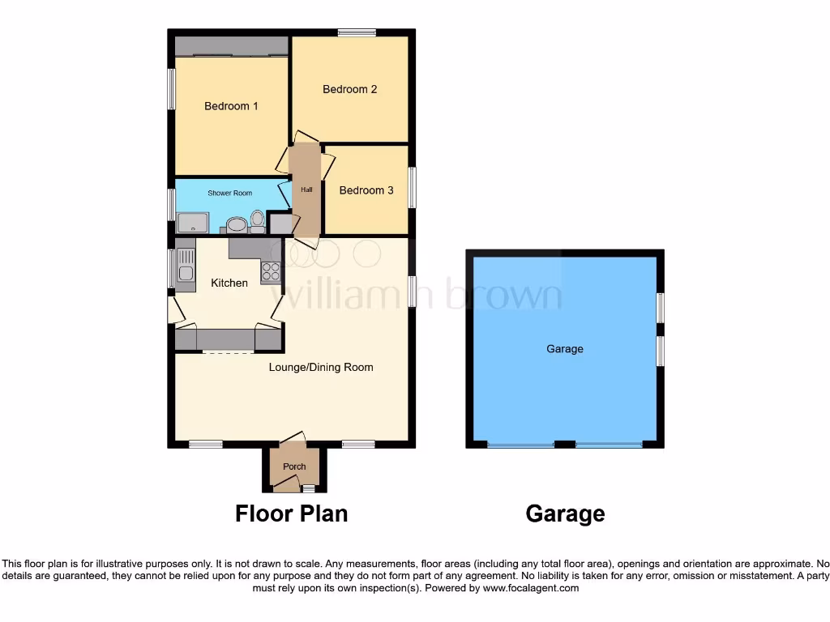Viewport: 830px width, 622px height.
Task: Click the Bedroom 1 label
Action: [231, 106]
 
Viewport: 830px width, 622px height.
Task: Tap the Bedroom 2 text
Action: [349, 89]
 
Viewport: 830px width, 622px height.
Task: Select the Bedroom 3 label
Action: [366, 190]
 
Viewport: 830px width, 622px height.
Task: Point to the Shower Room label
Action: [229, 193]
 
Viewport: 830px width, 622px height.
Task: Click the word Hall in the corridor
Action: [306, 190]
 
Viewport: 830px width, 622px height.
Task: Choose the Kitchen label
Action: [229, 283]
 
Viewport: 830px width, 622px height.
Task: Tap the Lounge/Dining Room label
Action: [321, 367]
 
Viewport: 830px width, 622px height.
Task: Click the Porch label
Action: [294, 466]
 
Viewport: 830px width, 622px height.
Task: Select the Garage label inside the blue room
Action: [564, 349]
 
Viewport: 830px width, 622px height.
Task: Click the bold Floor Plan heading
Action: [291, 513]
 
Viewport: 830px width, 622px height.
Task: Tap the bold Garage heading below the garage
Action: [564, 513]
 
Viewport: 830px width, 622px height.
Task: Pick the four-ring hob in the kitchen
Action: [270, 272]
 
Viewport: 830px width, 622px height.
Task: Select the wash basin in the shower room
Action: [236, 224]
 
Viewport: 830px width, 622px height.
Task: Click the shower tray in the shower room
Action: [193, 223]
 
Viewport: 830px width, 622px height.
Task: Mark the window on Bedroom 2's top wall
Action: [357, 32]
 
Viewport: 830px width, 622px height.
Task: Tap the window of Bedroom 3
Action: [412, 187]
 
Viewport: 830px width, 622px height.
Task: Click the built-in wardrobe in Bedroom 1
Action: [232, 46]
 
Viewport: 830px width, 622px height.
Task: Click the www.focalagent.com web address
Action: [530, 588]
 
